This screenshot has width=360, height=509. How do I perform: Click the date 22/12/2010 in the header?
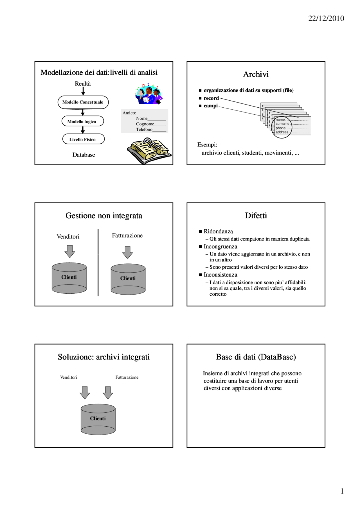pos(326,19)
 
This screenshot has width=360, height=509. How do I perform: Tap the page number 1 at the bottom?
pos(342,491)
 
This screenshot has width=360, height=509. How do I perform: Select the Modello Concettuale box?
pos(83,102)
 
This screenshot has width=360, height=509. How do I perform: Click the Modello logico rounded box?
pos(82,121)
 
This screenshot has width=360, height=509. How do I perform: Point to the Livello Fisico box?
pos(83,139)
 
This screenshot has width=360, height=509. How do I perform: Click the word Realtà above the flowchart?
pos(83,84)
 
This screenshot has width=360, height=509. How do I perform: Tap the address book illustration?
pos(149,150)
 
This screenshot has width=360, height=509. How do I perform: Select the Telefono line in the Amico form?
pos(151,130)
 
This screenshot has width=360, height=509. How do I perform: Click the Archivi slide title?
pos(256,74)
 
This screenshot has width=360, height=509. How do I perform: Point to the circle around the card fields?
pos(282,127)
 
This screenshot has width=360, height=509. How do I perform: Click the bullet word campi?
pos(211,106)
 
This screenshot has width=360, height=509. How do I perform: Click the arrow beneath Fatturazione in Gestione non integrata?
pos(127,252)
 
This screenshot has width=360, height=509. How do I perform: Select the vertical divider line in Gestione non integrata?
pos(98,263)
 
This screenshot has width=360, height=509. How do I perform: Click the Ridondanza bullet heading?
pos(218,232)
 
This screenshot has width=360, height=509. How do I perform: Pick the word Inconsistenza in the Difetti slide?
pos(220,275)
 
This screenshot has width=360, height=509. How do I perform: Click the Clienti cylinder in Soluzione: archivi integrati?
pos(98,419)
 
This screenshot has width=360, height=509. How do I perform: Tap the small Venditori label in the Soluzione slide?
pos(68,377)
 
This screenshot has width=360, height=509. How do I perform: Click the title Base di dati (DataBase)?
pos(256,357)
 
